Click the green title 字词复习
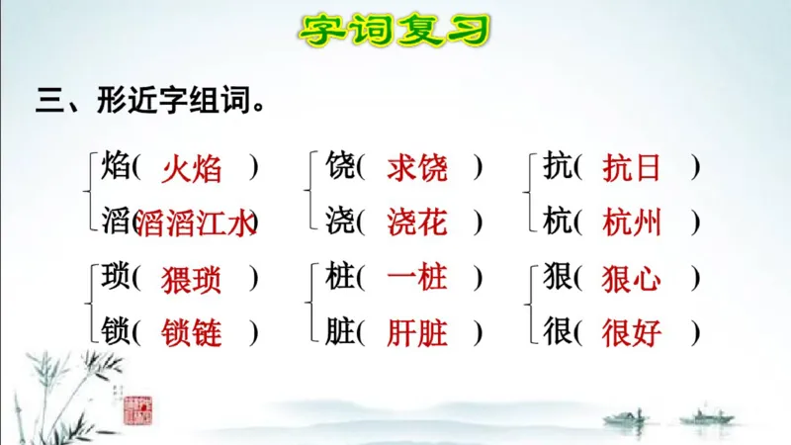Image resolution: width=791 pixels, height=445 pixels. click(395, 29)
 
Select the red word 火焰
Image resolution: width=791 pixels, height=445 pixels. click(192, 169)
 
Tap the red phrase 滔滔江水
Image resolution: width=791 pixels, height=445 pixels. click(195, 222)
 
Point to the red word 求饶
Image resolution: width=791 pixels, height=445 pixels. click(417, 169)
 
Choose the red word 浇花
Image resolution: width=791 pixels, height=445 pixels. click(417, 222)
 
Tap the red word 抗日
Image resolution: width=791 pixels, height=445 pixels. click(633, 169)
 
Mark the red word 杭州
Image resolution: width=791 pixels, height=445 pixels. click(633, 222)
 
